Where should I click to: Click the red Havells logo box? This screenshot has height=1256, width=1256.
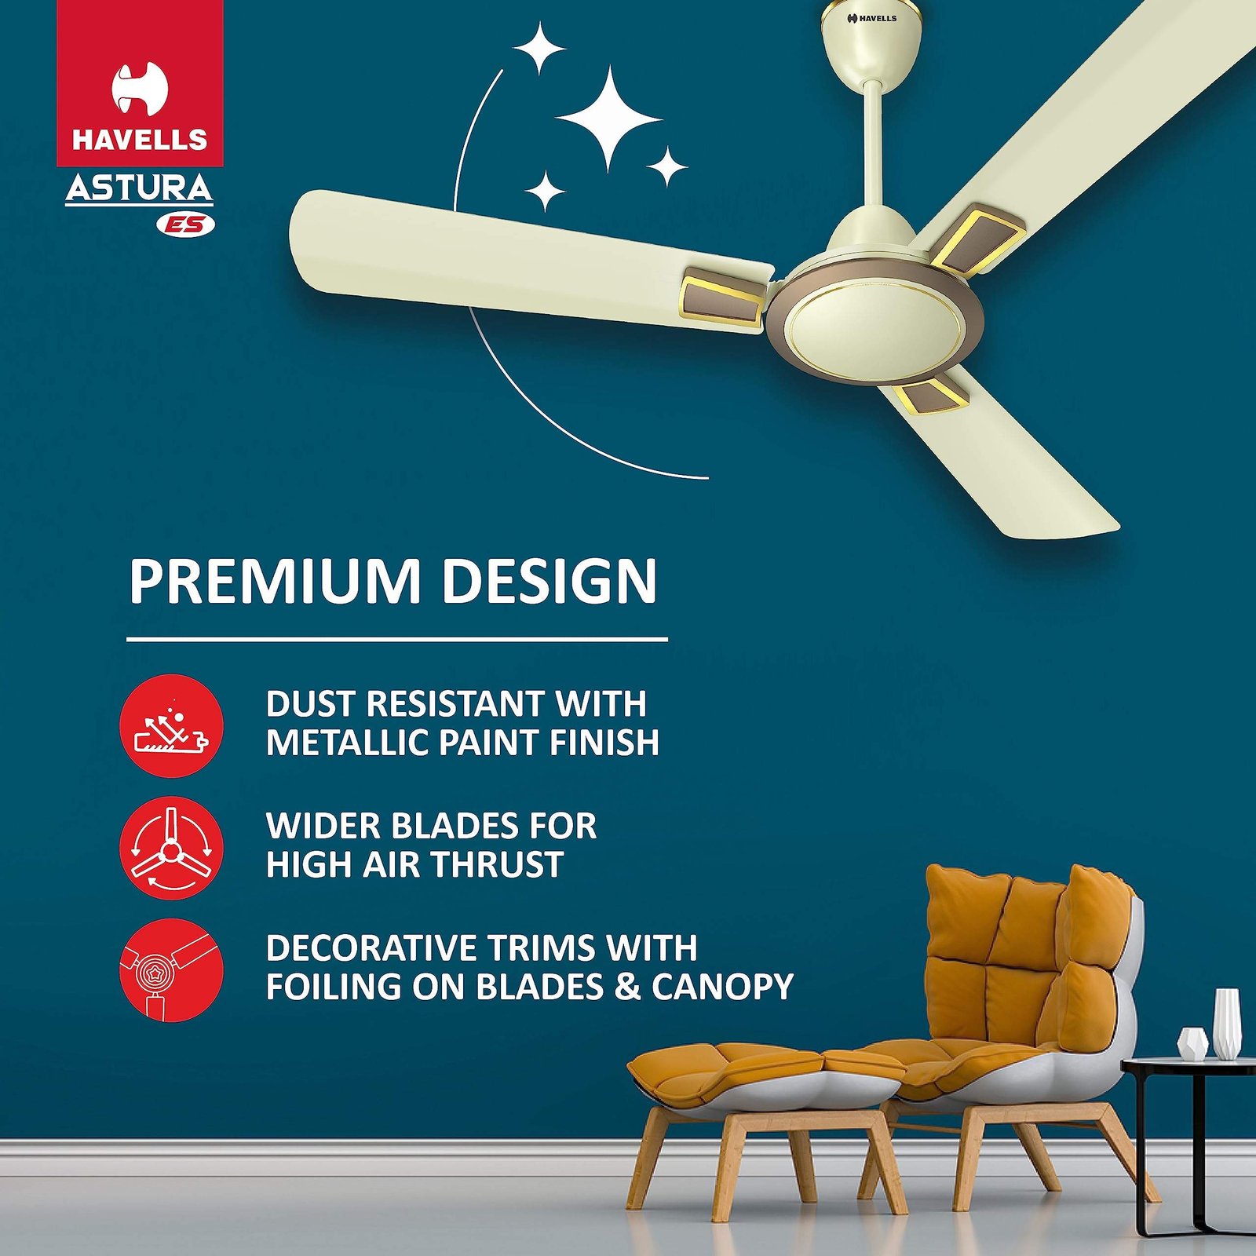(140, 82)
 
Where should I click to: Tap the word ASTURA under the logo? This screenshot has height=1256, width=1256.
(139, 188)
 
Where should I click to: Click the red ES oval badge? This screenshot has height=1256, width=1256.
(185, 225)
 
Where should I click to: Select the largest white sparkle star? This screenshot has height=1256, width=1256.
(609, 119)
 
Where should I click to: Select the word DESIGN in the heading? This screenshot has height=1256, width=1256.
(549, 582)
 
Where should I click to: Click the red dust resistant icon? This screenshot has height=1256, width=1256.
(172, 725)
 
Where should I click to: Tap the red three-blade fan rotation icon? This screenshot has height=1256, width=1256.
(172, 848)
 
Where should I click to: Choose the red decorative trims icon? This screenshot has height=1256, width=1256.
(172, 970)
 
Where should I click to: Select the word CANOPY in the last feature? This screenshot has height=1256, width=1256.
(723, 987)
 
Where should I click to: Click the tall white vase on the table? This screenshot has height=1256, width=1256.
(1227, 1023)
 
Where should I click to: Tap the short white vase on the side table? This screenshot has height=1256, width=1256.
(1193, 1044)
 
